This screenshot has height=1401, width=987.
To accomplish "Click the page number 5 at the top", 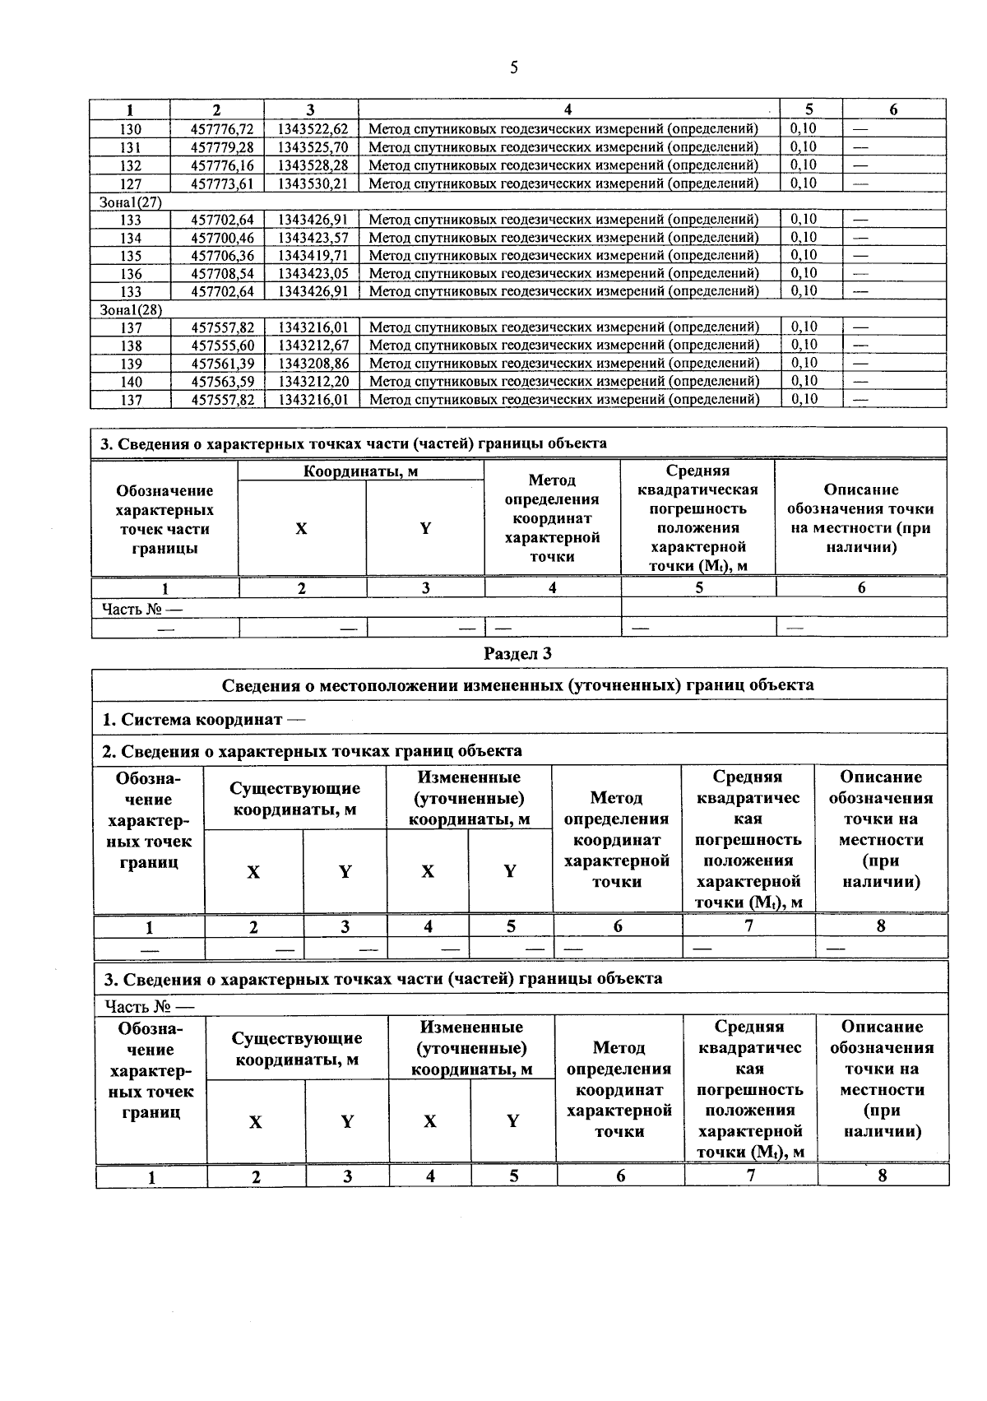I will (x=513, y=68).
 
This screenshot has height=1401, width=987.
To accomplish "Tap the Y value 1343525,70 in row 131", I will (x=313, y=147).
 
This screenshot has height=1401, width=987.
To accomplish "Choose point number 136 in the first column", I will (x=131, y=274).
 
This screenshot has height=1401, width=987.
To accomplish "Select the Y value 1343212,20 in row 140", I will (x=313, y=382).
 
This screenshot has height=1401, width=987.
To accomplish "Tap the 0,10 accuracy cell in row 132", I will (x=804, y=165).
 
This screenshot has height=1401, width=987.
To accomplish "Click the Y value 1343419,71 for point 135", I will (x=313, y=256).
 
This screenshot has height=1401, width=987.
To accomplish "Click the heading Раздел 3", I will (x=517, y=654).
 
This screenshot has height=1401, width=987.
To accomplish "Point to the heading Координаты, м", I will (x=360, y=471).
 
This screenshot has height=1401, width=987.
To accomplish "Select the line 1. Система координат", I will (x=202, y=720).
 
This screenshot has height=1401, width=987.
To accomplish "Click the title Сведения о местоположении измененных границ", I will (x=518, y=685).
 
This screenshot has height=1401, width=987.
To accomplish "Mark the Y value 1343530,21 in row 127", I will (x=313, y=183).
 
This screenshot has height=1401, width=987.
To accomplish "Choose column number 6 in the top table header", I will (x=893, y=110).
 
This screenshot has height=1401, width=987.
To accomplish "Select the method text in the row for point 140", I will (x=563, y=382).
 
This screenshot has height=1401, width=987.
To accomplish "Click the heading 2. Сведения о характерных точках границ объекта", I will (x=312, y=751).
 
